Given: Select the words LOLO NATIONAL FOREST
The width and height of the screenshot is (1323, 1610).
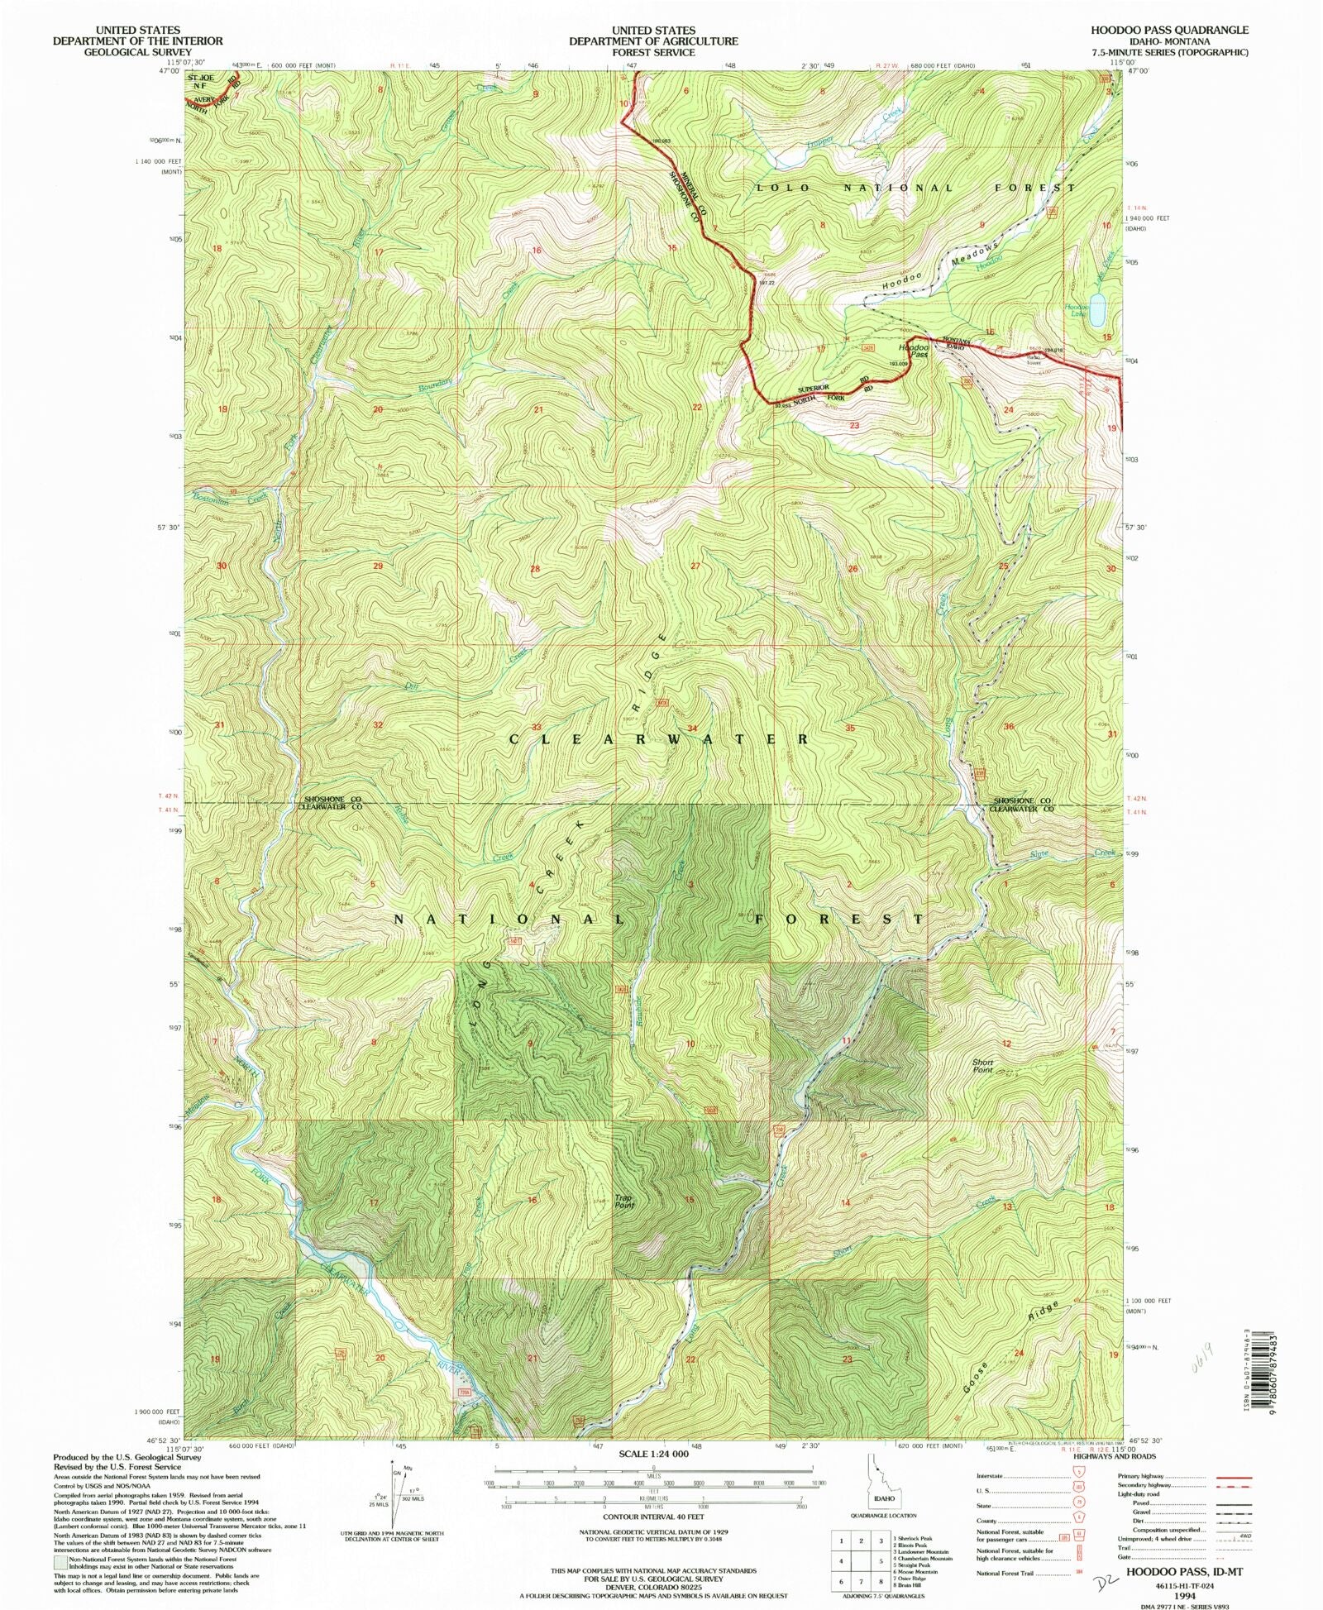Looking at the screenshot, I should click(916, 189).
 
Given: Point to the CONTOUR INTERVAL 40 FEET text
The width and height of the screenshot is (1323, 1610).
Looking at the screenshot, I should click(653, 1517).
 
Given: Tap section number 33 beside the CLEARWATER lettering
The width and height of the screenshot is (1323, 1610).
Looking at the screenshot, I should click(536, 728).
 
